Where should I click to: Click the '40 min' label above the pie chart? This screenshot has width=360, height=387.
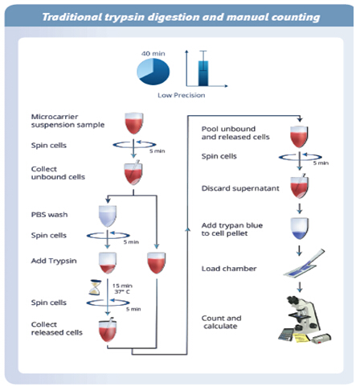point(153,54)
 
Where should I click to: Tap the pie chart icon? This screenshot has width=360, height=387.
point(153,72)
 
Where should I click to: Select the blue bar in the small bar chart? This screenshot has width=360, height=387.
point(203,73)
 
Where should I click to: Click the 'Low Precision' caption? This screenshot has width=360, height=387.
point(182,95)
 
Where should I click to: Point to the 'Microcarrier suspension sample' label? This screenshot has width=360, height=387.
point(67,121)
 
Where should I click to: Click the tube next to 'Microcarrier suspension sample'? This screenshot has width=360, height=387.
point(134,123)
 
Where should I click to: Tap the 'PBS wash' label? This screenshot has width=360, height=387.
point(49,215)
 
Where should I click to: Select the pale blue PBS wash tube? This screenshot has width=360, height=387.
point(108,216)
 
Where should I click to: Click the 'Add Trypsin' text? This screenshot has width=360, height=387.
point(54,261)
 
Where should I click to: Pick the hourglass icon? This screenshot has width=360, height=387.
point(96,287)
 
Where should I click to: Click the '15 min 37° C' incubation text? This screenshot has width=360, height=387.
point(122,289)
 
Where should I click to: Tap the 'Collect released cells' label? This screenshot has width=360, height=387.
point(57,328)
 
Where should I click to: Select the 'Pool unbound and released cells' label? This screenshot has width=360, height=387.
point(235,133)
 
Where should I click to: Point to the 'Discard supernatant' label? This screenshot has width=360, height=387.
point(240,188)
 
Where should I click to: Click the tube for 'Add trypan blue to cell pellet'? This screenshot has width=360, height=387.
point(300,228)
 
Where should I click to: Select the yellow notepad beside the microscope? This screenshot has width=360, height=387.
point(301,338)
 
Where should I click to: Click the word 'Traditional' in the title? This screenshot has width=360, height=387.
point(72,17)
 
